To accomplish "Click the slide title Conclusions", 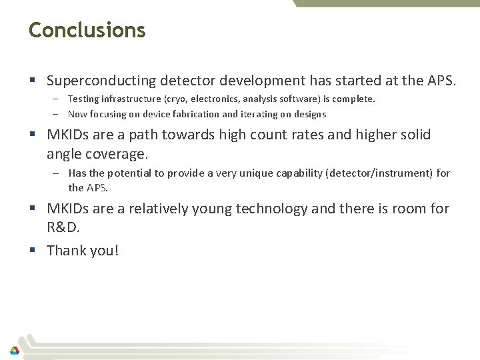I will tap(87, 30).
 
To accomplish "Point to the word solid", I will tap(414, 135).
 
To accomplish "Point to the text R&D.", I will tap(63, 227).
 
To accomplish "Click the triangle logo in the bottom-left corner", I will tap(14, 349).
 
